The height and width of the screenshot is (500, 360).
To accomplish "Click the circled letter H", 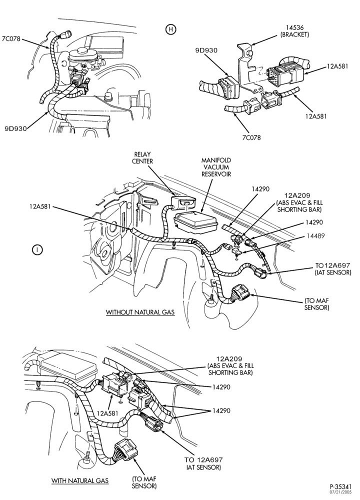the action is click(x=170, y=29).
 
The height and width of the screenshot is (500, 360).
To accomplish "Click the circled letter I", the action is click(x=37, y=249).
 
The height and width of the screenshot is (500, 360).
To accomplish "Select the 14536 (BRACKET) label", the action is click(x=294, y=31).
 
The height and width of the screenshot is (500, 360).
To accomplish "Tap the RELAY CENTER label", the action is click(x=142, y=158).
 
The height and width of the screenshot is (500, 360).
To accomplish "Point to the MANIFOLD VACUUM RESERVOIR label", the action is click(x=216, y=167).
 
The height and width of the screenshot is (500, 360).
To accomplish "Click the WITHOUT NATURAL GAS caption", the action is click(x=140, y=312).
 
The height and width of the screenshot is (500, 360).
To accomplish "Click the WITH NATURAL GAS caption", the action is click(x=80, y=480).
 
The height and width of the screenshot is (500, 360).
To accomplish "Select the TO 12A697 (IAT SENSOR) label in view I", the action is click(x=332, y=269).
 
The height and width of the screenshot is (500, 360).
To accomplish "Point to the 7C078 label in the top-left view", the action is click(x=11, y=39).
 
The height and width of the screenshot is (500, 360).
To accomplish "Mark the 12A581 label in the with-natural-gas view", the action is click(x=108, y=413).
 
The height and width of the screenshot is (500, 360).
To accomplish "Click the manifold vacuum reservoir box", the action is click(x=194, y=222).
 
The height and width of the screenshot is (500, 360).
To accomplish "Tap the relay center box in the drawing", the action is click(x=183, y=202).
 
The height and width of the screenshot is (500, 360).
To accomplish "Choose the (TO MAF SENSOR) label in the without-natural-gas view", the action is click(x=316, y=304).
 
